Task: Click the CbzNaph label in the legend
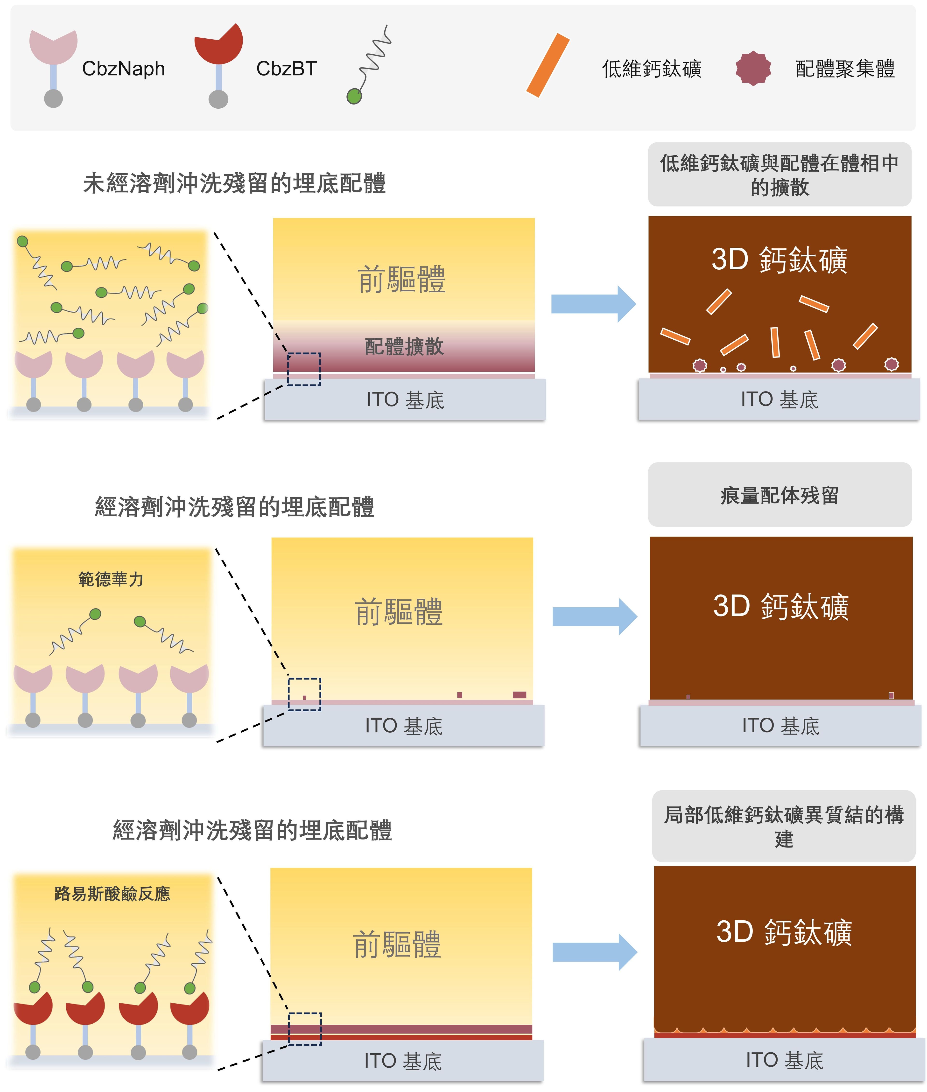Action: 124,69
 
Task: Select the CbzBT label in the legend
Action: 286,69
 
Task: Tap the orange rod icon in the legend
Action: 548,65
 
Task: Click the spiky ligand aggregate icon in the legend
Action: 753,68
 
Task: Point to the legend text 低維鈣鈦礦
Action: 652,69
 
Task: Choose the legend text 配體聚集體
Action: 845,69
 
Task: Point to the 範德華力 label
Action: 111,579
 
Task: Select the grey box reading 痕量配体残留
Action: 779,495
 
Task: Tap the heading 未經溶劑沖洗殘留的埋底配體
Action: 234,183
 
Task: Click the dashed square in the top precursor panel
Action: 304,369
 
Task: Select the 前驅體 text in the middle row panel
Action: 399,612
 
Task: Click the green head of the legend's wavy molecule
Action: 354,96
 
